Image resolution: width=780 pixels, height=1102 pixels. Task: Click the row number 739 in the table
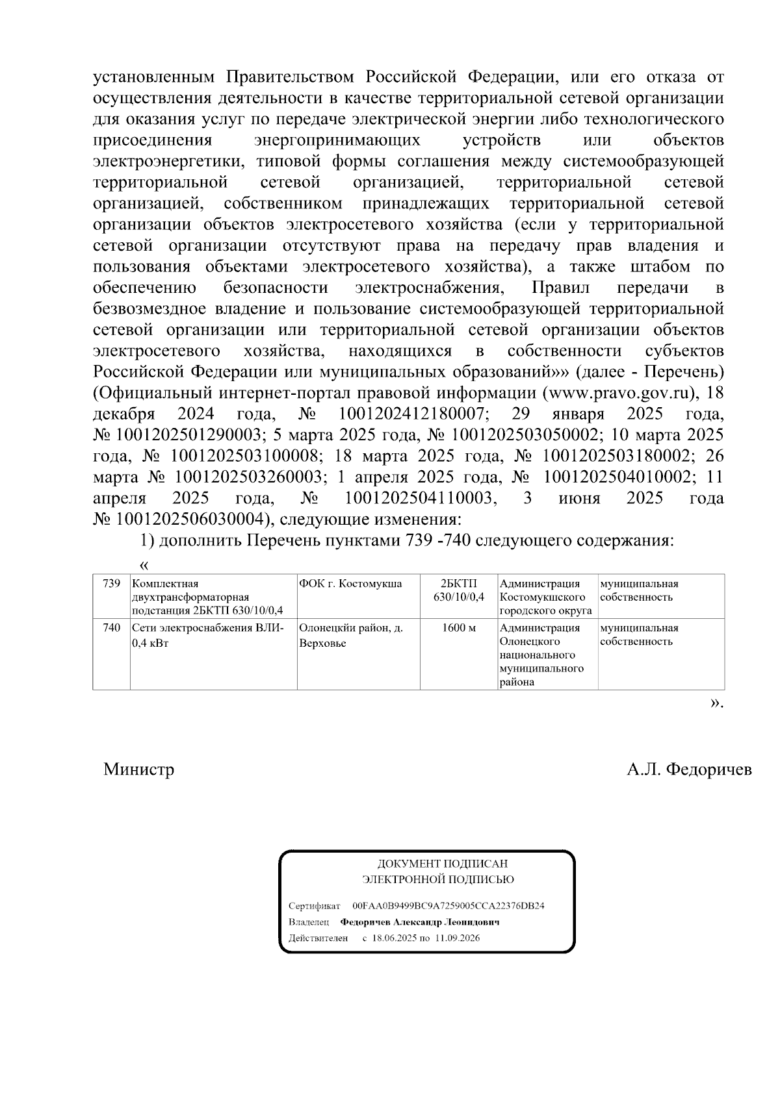[112, 583]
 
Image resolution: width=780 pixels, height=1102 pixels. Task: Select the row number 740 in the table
[112, 628]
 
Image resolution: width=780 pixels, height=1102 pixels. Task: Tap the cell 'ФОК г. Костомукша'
[350, 583]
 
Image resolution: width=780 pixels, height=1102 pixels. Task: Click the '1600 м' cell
[459, 628]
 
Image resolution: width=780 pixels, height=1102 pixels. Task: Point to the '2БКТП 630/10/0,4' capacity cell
[459, 590]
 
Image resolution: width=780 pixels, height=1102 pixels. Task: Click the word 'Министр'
[138, 770]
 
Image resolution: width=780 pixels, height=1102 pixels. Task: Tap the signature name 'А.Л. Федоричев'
[689, 770]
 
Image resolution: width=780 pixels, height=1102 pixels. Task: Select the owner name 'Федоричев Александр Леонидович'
[420, 922]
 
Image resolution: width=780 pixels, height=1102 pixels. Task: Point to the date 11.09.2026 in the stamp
[458, 938]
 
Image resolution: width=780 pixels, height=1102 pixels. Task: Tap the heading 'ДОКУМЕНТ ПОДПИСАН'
[442, 864]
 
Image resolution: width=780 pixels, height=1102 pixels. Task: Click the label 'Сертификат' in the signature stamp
[314, 905]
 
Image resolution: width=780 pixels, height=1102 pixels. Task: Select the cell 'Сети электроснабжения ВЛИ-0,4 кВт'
[208, 635]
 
